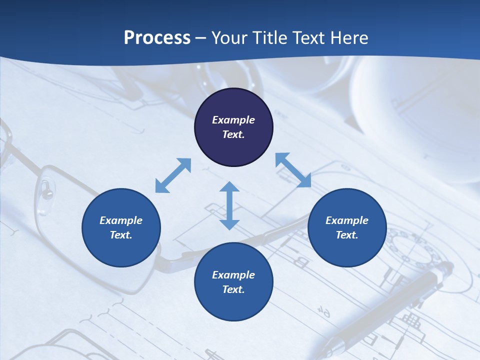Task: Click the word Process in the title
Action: click(x=157, y=38)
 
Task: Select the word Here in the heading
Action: click(x=349, y=38)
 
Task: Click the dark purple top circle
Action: click(x=233, y=127)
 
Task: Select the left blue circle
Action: click(x=121, y=227)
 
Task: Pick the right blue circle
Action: click(x=347, y=227)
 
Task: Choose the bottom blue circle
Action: click(x=233, y=282)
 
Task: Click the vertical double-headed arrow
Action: click(x=229, y=205)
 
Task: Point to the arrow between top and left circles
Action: click(x=173, y=175)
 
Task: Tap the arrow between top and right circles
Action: click(x=293, y=170)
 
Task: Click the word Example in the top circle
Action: click(x=233, y=120)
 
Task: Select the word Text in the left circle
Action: click(x=121, y=235)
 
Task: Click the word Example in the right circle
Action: click(x=347, y=220)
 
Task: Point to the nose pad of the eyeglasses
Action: click(x=46, y=188)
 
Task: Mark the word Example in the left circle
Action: click(x=121, y=220)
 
